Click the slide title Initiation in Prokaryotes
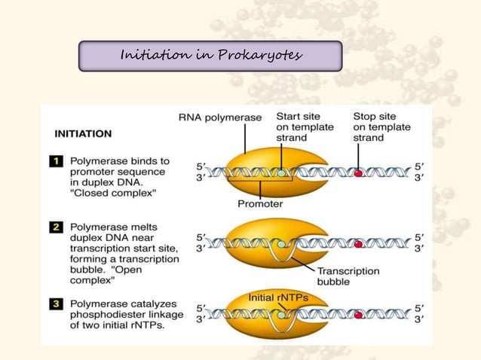(x=210, y=56)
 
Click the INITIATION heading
(x=83, y=134)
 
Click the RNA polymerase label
(x=220, y=117)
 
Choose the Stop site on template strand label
(x=382, y=127)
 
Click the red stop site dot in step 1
(x=359, y=172)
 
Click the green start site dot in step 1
(x=281, y=173)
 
